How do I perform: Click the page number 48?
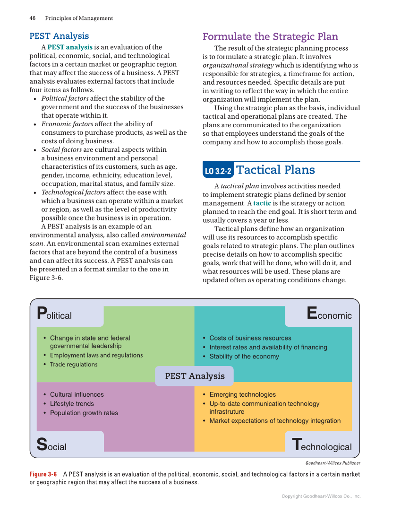tap(33, 18)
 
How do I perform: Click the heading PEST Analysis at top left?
tap(59, 36)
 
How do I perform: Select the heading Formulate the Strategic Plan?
tap(270, 36)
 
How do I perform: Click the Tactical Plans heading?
tap(275, 170)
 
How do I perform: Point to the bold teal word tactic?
tap(262, 203)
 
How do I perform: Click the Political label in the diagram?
tap(55, 314)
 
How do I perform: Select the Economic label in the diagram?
tap(329, 314)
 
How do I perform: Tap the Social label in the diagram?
tap(52, 445)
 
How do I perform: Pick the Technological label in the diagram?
tap(322, 445)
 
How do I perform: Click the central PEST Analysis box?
tap(195, 376)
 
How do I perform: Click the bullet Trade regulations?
tap(74, 365)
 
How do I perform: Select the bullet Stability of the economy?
tap(244, 357)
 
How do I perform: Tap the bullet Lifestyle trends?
tap(72, 404)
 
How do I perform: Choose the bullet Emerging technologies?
tap(242, 394)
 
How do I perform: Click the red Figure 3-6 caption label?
tap(43, 474)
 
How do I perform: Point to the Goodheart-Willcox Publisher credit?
tap(333, 463)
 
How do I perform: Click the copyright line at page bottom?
tap(321, 496)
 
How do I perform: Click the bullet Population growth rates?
tap(84, 413)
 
